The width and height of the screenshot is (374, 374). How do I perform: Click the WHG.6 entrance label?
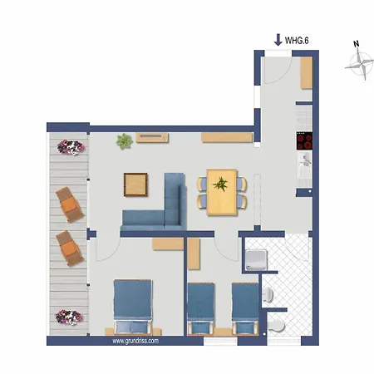297,41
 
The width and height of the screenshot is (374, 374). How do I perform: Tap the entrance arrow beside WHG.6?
278,40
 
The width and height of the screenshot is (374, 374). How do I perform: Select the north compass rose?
359,65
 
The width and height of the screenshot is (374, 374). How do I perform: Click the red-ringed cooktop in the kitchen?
304,140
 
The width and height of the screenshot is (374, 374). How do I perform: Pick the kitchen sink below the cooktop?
305,165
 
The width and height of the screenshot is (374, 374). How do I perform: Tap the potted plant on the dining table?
221,184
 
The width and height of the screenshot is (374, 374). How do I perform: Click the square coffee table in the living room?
135,185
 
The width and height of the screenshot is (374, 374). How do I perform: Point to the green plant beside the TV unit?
124,141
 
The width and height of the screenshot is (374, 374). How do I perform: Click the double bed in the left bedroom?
133,306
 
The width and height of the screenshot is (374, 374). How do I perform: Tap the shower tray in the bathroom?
257,260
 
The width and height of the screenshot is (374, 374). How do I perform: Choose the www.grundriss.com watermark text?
135,341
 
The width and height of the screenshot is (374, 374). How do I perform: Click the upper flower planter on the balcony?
71,147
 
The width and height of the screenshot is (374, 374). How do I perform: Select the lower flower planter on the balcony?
69,317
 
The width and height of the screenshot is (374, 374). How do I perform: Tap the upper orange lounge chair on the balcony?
70,204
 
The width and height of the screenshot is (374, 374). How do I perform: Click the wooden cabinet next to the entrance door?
307,73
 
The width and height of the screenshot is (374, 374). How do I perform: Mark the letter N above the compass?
357,44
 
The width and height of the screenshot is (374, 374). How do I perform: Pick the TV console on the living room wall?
152,137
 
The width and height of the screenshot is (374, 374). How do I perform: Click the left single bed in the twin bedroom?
201,308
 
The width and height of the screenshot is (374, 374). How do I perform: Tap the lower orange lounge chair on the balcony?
70,249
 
